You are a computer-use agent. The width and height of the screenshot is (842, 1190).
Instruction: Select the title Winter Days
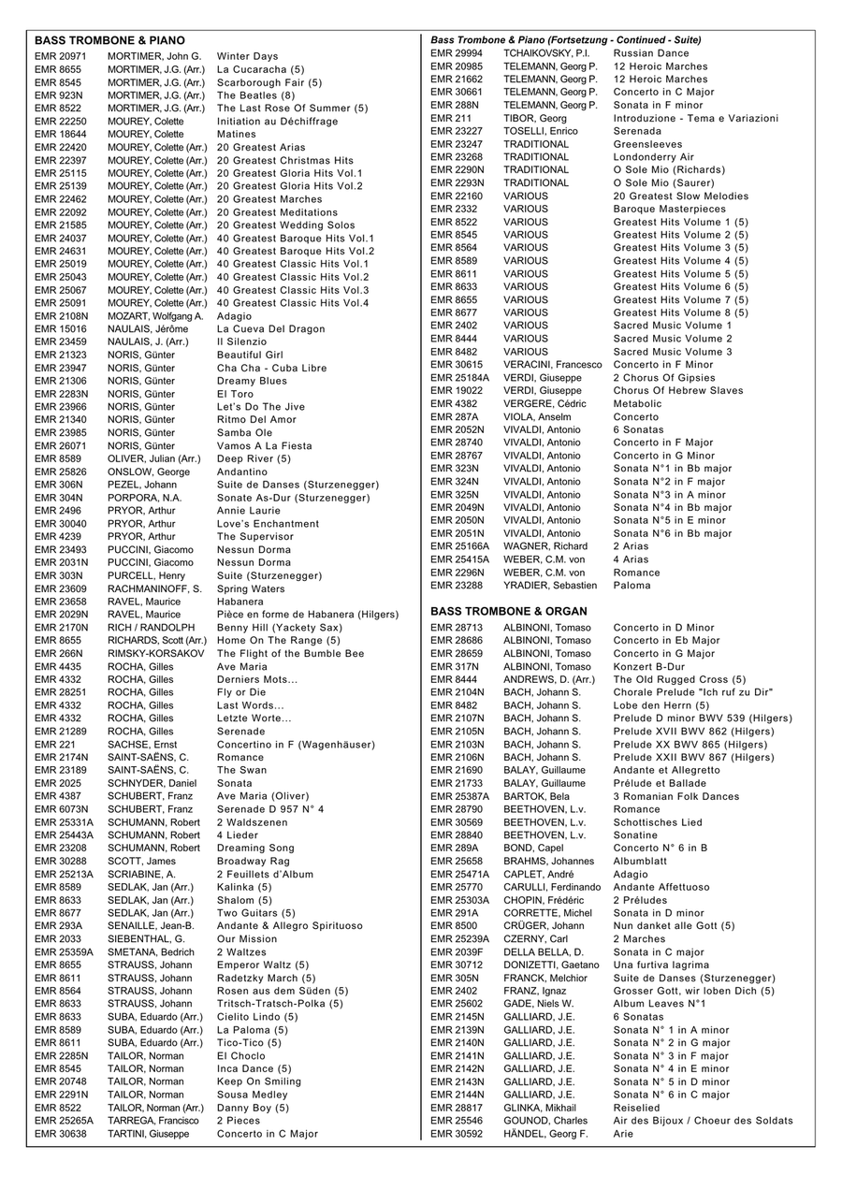(247, 56)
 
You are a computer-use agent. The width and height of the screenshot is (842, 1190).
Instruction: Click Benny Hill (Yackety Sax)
(279, 627)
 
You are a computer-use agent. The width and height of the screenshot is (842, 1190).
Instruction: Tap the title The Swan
(241, 770)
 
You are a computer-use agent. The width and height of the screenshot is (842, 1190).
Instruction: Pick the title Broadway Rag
(253, 861)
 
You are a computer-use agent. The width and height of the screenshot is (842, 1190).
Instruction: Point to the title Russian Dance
(651, 53)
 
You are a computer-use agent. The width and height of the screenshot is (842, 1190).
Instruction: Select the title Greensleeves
(648, 144)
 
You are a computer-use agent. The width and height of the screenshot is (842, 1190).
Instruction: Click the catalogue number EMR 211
(450, 118)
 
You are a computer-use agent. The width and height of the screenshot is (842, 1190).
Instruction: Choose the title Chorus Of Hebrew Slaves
(678, 390)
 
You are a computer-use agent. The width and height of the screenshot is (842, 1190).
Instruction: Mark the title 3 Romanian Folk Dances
(675, 796)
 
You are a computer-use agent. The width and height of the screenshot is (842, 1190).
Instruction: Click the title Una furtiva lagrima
(661, 965)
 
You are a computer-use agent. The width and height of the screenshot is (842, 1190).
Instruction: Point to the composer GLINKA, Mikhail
(542, 1108)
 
